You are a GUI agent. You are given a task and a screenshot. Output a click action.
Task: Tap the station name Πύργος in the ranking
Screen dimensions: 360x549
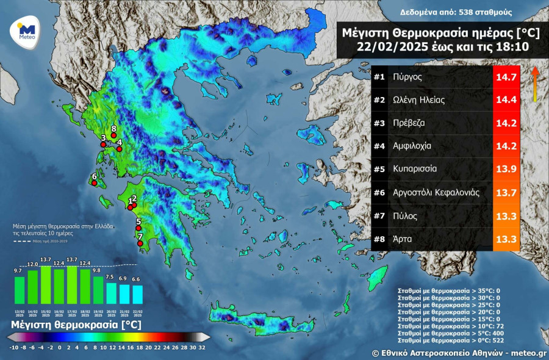click(408, 77)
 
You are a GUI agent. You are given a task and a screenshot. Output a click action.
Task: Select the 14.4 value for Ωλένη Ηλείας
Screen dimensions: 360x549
click(506, 100)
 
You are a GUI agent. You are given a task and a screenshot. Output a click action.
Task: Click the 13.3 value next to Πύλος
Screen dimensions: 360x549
click(506, 215)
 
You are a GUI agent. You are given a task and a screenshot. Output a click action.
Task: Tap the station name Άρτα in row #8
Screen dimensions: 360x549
click(403, 239)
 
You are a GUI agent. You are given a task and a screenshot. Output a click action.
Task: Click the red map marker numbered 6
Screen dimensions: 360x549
click(95, 182)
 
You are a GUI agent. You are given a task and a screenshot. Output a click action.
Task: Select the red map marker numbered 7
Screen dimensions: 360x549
click(140, 243)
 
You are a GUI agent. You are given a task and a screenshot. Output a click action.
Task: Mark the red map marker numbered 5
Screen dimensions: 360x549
click(138, 228)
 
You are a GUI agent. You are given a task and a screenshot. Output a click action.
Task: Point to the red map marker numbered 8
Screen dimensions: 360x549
click(113, 135)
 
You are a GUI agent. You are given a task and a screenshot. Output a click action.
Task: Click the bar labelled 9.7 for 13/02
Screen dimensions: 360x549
click(20, 290)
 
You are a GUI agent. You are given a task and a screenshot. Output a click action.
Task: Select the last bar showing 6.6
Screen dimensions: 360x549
click(137, 294)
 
